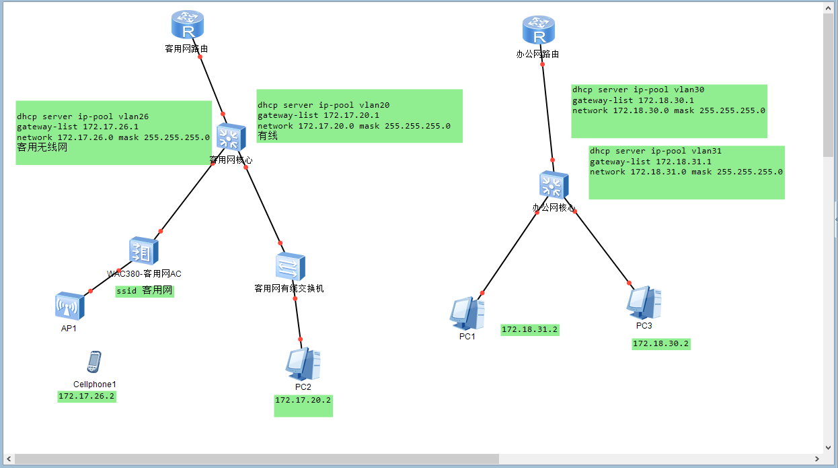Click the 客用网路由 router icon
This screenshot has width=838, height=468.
tap(188, 25)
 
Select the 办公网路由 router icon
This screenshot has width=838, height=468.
tap(538, 30)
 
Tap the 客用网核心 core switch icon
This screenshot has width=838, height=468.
tap(231, 137)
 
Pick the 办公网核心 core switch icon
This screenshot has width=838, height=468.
tap(554, 185)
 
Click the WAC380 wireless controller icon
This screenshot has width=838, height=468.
tap(144, 250)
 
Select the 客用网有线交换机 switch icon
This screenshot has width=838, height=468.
tap(291, 267)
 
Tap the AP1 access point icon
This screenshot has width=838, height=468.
tap(69, 306)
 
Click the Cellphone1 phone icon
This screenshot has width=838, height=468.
tap(94, 362)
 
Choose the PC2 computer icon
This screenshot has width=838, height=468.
tap(303, 364)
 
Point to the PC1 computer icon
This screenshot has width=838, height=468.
tap(467, 313)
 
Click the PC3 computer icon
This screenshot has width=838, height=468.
tap(644, 303)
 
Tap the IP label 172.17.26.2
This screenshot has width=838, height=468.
tap(86, 397)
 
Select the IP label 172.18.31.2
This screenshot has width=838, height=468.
tap(530, 330)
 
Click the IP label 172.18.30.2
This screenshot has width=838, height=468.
tap(660, 344)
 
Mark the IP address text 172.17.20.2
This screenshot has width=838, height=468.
tap(303, 400)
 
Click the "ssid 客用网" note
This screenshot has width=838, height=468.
tap(145, 291)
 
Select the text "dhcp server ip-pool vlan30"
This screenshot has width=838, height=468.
tap(638, 90)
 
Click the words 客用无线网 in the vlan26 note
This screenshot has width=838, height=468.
tap(42, 147)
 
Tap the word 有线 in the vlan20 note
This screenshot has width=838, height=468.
tap(268, 135)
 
